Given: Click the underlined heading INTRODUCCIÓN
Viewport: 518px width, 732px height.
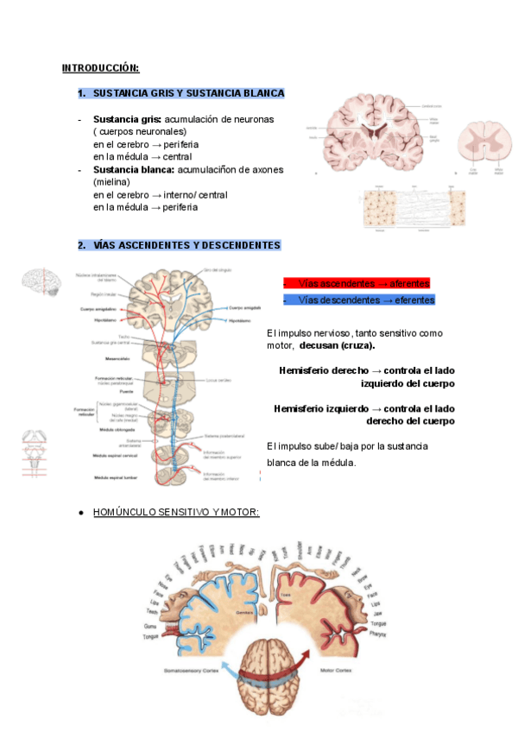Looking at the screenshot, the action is [x=100, y=68].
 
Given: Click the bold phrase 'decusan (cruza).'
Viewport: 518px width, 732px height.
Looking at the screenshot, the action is [x=337, y=345].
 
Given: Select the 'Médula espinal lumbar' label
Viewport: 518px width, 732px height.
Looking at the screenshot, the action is [x=117, y=476].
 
